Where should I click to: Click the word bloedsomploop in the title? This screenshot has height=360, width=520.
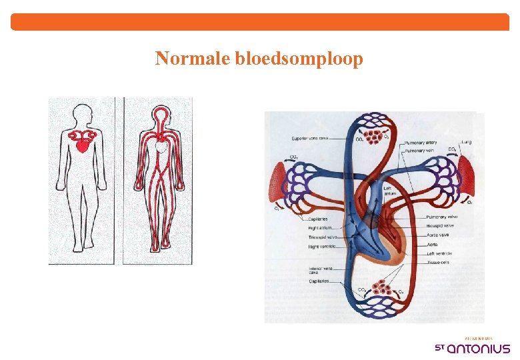(x=299, y=59)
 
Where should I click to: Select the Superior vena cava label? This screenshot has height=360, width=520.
(x=309, y=139)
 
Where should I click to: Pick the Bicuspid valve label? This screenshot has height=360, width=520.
(x=441, y=226)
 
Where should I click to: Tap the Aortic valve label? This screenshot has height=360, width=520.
(x=438, y=235)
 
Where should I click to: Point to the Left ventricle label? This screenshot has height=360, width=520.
(x=440, y=253)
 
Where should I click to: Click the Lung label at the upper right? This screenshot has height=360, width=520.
(x=466, y=142)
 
